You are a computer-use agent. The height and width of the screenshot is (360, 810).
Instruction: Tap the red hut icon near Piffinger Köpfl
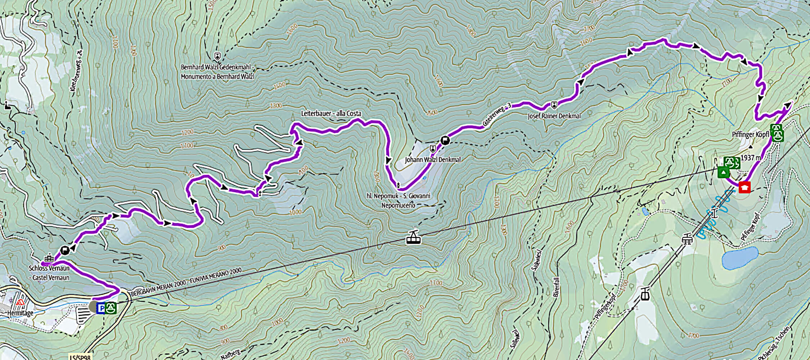pos(744,187)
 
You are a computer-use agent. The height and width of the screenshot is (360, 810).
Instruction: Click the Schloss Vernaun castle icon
pos(49,258)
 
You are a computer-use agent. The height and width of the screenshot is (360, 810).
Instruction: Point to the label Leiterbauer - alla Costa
pos(331,113)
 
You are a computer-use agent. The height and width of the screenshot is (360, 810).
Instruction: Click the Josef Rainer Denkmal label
pos(554,116)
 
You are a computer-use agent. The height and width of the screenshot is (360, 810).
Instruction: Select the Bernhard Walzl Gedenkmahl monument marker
pos(217,57)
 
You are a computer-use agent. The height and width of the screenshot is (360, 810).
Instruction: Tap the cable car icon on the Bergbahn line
pos(414,237)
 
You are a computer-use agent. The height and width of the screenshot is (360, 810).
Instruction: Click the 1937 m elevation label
pos(751,158)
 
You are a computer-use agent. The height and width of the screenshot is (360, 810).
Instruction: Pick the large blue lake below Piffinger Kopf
pos(740,258)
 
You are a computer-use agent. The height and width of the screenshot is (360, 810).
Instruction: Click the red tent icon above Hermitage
pos(20,302)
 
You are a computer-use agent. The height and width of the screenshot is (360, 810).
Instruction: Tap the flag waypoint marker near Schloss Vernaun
pos(65,250)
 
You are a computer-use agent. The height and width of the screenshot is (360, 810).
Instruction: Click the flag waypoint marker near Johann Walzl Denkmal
pos(445,140)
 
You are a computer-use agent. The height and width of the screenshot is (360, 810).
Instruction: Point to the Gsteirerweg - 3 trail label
pos(497,115)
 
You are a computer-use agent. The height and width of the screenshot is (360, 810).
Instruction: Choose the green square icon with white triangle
pos(724,172)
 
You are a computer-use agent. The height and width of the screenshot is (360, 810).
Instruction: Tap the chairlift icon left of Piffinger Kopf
pos(687,238)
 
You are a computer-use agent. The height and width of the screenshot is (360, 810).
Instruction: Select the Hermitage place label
pos(20,313)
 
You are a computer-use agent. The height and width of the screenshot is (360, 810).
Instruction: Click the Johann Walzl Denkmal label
pos(432,159)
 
